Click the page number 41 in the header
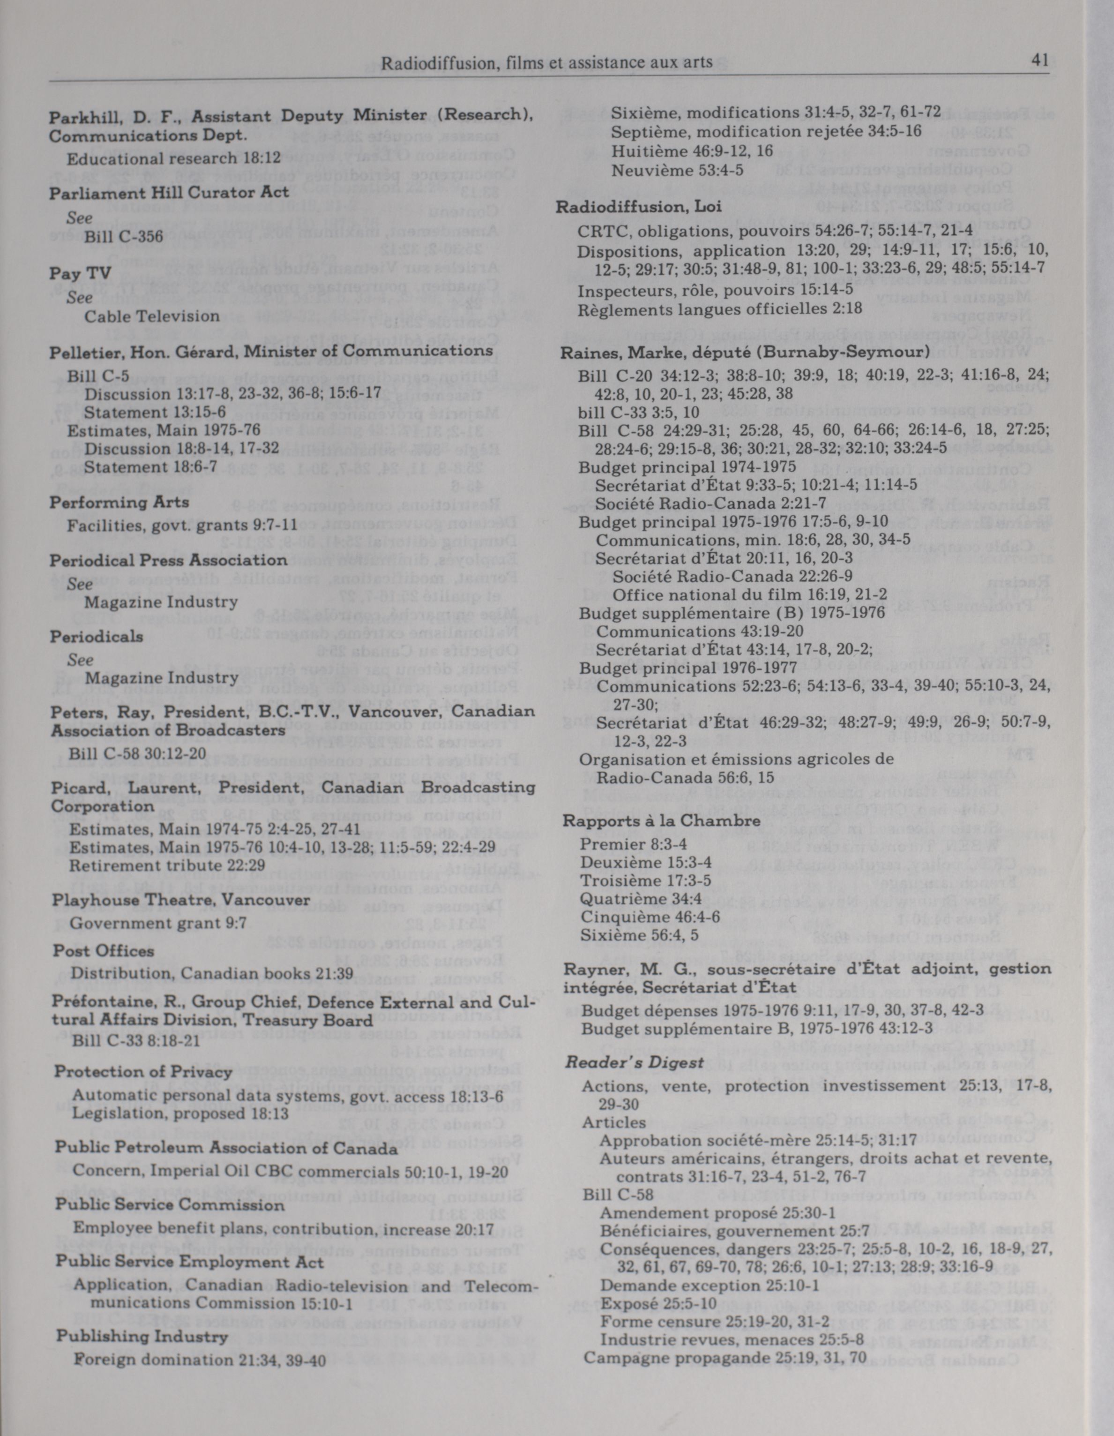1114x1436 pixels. (x=1039, y=61)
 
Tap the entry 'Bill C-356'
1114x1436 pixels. (x=124, y=236)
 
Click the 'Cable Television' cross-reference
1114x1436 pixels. (x=152, y=316)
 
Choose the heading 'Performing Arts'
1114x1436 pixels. (x=119, y=502)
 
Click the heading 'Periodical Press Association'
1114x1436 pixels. (x=169, y=560)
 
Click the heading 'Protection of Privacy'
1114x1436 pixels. (x=143, y=1072)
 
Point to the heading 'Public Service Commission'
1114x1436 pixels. (x=170, y=1205)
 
